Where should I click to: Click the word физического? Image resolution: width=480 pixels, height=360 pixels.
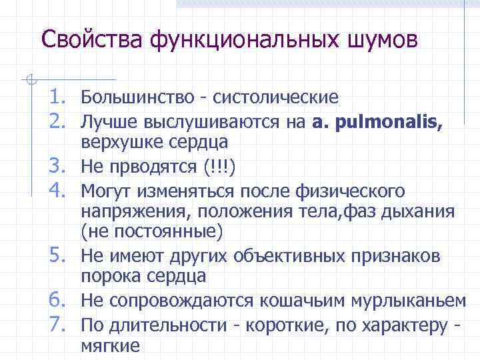tap(348, 192)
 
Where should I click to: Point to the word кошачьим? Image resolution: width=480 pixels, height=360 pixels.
tap(289, 301)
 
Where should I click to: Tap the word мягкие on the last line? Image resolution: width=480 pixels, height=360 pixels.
tap(110, 346)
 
